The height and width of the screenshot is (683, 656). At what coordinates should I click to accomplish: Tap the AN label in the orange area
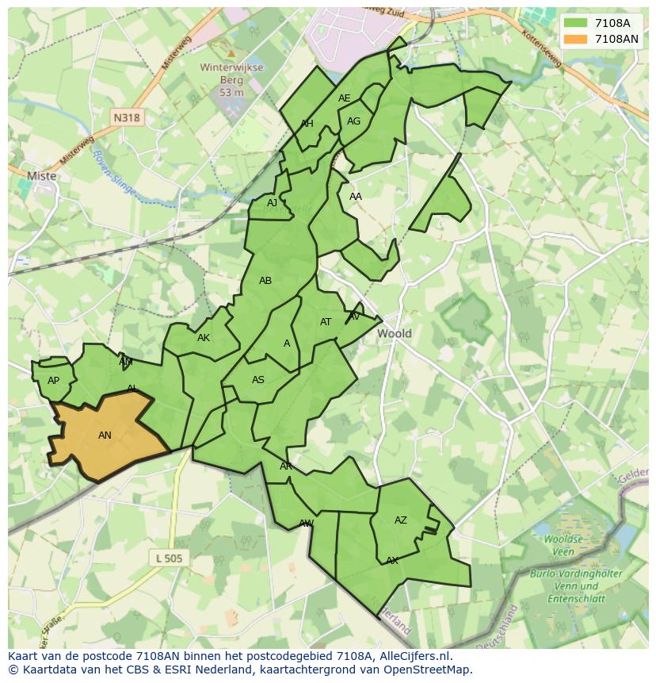click(x=105, y=435)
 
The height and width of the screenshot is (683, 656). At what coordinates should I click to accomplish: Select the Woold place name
click(x=394, y=333)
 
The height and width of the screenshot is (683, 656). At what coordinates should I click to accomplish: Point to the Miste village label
click(x=41, y=176)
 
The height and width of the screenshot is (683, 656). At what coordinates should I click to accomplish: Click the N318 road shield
click(x=126, y=117)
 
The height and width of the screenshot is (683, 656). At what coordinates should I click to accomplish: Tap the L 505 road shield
click(x=169, y=558)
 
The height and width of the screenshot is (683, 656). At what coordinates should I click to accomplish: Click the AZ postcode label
click(x=401, y=520)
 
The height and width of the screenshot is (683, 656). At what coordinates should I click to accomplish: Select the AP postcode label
click(x=53, y=381)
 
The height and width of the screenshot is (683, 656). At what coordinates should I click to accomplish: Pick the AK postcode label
click(x=204, y=338)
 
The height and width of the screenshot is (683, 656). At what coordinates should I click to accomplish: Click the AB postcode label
click(x=265, y=281)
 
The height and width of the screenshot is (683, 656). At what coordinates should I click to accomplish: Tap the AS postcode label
click(x=258, y=380)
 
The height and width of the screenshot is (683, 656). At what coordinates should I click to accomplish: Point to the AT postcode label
click(x=326, y=322)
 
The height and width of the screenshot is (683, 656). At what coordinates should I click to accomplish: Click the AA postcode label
click(x=356, y=197)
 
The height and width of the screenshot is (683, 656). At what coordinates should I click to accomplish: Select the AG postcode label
click(x=353, y=121)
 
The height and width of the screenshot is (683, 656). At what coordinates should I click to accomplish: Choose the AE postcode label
click(x=344, y=98)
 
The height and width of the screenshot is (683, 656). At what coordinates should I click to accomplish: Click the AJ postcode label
click(x=272, y=203)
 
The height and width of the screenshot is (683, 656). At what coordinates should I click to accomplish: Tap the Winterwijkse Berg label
click(x=221, y=79)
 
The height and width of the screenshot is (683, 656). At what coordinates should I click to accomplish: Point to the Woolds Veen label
click(x=563, y=545)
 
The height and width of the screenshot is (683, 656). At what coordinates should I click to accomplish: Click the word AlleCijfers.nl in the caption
click(x=413, y=656)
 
